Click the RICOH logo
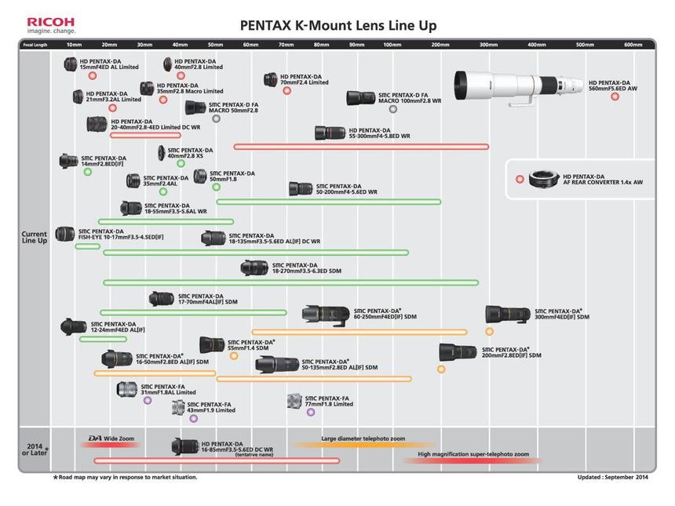click(51, 24)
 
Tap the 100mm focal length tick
click(392, 45)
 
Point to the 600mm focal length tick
click(633, 45)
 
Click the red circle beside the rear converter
click(520, 179)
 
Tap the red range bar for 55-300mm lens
click(361, 147)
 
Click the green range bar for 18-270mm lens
click(290, 282)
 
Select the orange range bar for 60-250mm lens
click(359, 332)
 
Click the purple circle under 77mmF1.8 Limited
click(311, 412)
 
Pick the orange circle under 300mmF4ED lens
click(490, 332)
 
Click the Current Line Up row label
click(35, 237)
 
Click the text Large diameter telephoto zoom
click(363, 439)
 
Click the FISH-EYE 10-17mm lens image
click(65, 235)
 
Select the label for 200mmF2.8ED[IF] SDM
click(511, 352)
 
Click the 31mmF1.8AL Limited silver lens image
click(126, 389)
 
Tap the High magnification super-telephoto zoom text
click(473, 454)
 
